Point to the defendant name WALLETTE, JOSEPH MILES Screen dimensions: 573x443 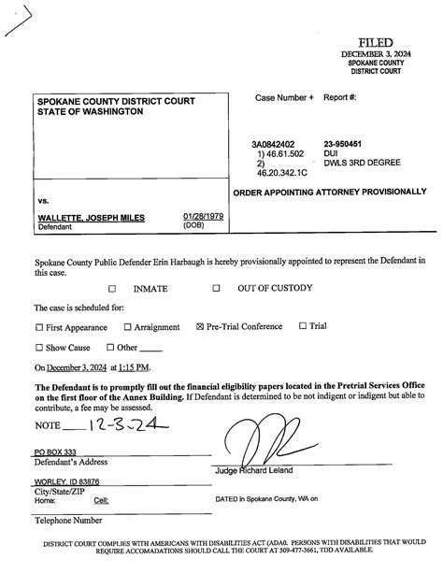[x=92, y=218]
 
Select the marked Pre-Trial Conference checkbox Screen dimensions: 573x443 [x=200, y=327]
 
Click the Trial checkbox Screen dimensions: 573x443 [x=302, y=326]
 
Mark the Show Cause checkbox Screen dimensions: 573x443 [x=39, y=348]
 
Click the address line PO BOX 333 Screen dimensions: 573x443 [x=55, y=451]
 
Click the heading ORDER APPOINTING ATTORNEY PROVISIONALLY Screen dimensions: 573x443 [x=329, y=192]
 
